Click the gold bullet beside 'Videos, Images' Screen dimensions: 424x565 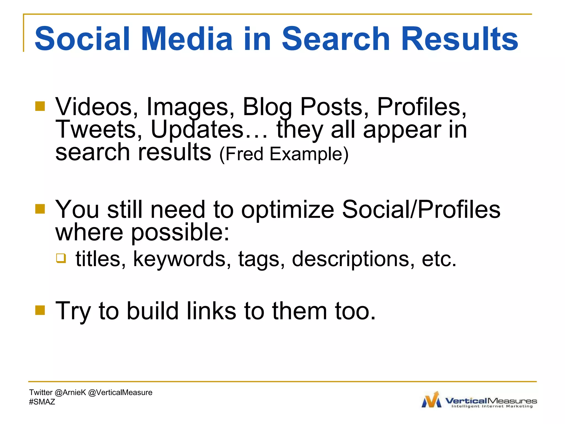click(x=40, y=106)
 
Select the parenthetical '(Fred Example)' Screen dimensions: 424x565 click(x=284, y=154)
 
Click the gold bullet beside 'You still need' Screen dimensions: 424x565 click(x=40, y=209)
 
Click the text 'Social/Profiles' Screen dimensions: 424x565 click(x=421, y=209)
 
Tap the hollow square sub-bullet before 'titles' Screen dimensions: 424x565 click(x=61, y=258)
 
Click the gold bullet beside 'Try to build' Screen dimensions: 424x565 click(x=40, y=310)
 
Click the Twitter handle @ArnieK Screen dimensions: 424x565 click(x=70, y=392)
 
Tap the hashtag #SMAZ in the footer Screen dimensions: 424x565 click(x=42, y=402)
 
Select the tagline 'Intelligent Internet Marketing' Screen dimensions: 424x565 click(x=492, y=406)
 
